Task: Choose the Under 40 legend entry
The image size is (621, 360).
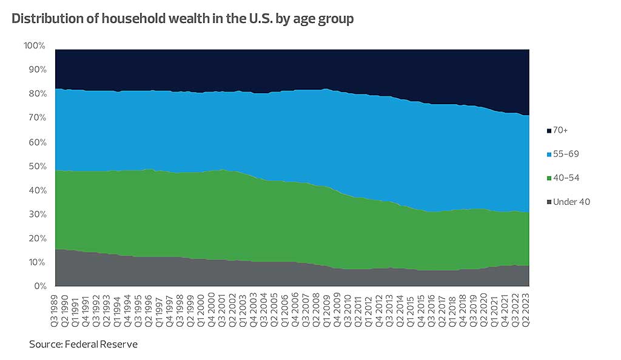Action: tap(571, 202)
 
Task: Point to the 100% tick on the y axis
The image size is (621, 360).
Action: tap(35, 46)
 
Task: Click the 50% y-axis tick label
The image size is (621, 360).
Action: tap(37, 166)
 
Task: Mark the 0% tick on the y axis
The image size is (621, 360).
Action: tap(39, 286)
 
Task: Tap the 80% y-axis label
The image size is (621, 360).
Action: tap(37, 94)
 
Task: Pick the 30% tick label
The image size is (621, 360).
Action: tap(37, 214)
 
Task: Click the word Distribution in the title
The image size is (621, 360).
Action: tap(46, 19)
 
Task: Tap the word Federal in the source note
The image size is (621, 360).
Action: tap(79, 344)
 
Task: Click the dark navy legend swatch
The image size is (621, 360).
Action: tap(548, 130)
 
